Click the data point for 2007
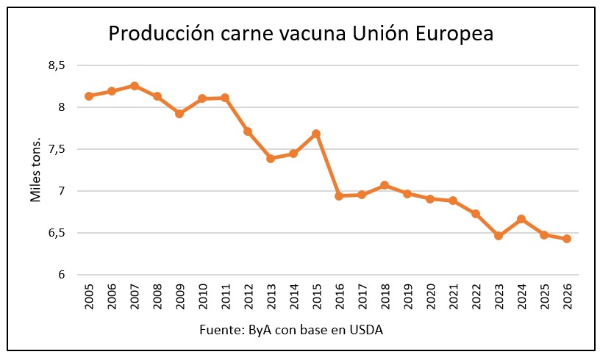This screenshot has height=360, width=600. click(x=135, y=86)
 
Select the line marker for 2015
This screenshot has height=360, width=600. click(x=316, y=134)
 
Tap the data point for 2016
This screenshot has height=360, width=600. click(x=339, y=196)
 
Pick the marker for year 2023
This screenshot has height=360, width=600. click(x=499, y=236)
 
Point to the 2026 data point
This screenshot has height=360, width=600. click(x=567, y=239)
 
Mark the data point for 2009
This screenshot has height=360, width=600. click(x=179, y=114)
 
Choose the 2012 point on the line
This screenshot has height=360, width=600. click(x=248, y=132)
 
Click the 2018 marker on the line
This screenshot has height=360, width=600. click(x=385, y=185)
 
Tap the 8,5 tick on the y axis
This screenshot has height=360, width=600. click(x=57, y=65)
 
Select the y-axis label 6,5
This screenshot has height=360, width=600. click(x=57, y=233)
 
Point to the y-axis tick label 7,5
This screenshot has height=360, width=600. click(x=57, y=149)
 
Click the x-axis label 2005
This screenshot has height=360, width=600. click(x=89, y=298)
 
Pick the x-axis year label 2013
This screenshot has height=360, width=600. click(x=271, y=298)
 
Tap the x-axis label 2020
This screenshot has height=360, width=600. click(x=430, y=298)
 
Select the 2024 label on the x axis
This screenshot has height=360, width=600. click(x=521, y=298)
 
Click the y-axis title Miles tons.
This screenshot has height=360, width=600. click(x=35, y=170)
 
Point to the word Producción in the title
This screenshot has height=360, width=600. click(x=160, y=34)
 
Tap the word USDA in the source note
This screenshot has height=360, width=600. click(x=365, y=330)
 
